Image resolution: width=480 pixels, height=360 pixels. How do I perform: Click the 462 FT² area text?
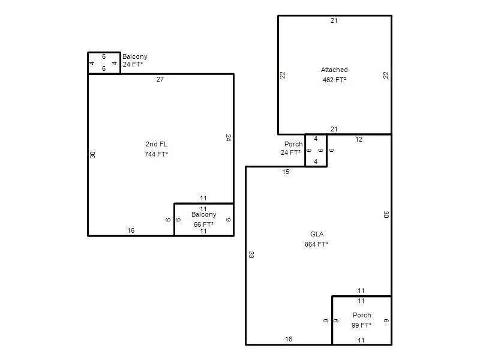coord(334,80)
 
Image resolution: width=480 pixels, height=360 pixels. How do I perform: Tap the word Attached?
coord(334,70)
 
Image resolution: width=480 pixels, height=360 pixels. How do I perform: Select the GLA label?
coord(317,234)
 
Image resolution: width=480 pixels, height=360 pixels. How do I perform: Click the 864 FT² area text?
coord(317,244)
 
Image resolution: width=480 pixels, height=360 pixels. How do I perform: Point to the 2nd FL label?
coord(157,144)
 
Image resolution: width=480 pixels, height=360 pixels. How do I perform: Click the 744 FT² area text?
coord(156,154)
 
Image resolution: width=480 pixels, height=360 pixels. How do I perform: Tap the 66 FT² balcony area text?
coord(203,224)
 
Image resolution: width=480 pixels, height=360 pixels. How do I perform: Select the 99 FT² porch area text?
coord(362,325)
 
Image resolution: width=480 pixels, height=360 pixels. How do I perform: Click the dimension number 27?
coord(160,79)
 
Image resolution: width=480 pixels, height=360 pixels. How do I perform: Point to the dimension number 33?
coord(251,254)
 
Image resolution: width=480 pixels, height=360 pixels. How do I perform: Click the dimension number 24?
coord(228,137)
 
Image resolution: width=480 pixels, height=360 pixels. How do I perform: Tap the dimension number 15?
coord(286,172)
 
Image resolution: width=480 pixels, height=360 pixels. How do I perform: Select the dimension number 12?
coord(359,140)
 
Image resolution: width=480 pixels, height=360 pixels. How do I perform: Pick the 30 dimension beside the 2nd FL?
coord(92,155)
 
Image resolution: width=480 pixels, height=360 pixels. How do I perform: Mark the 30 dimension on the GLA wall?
coord(386,215)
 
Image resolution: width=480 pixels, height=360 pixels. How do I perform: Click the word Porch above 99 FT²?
coord(362,315)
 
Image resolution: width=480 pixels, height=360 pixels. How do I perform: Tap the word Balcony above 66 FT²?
coord(204,214)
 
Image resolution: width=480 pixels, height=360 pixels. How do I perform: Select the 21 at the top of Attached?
coord(334,20)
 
